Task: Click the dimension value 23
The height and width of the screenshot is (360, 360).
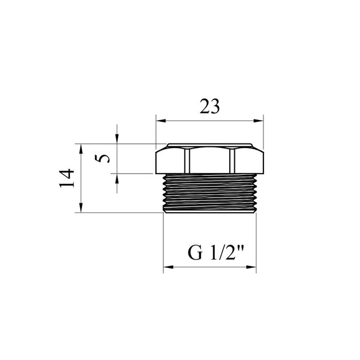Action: [210, 107]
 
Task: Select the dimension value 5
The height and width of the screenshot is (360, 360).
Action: [104, 158]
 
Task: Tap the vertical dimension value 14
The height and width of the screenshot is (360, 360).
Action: [67, 178]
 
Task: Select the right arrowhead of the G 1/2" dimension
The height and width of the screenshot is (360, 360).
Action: [251, 266]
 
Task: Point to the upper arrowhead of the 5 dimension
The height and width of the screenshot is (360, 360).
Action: [117, 139]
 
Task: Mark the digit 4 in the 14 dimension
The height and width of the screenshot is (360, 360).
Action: [67, 172]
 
